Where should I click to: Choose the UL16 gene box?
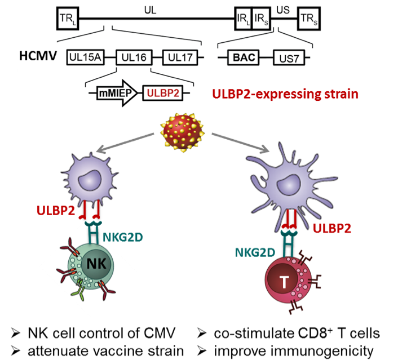[x=132, y=57]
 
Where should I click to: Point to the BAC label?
[x=245, y=57]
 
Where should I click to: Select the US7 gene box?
[x=289, y=57]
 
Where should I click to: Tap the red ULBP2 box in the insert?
[x=162, y=92]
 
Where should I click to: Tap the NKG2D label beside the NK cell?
[x=123, y=237]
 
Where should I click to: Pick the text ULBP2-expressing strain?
[x=285, y=94]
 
